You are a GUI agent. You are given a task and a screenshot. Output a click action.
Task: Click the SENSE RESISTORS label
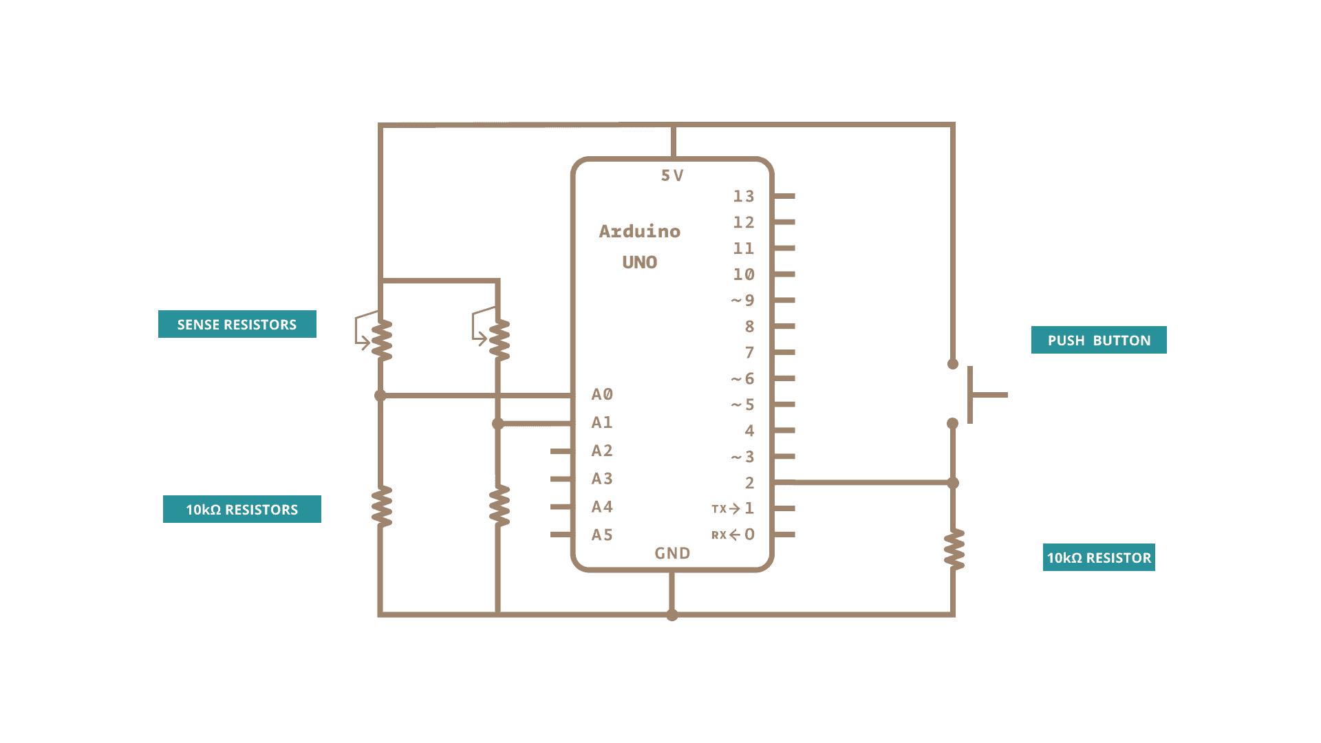pos(237,324)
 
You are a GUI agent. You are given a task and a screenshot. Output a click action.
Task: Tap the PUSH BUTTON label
pos(1098,340)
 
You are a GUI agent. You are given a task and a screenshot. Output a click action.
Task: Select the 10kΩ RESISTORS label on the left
pos(241,509)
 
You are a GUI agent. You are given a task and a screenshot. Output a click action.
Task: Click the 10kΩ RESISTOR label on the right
pos(1098,557)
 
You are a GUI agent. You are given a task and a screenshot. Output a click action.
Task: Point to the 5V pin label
pos(672,176)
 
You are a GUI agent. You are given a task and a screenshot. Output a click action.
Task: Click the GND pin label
pos(672,553)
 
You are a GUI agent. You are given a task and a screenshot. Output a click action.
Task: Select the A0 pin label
pos(602,394)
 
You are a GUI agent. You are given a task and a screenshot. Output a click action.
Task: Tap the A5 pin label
pos(602,535)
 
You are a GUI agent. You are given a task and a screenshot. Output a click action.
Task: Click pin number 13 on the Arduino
pos(744,197)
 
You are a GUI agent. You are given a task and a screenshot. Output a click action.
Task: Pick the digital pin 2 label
pos(749,483)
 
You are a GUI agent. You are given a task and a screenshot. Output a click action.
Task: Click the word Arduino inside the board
pos(639,231)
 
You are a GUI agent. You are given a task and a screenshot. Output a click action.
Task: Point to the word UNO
pos(639,262)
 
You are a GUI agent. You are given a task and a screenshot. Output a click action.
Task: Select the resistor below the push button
pos(954,550)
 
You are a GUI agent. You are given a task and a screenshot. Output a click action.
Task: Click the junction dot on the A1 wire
pos(498,424)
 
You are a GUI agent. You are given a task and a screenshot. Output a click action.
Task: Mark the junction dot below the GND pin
pos(672,614)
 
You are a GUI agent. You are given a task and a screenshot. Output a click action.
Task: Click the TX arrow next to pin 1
pos(734,509)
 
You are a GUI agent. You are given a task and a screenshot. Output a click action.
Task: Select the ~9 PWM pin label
pos(743,301)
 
